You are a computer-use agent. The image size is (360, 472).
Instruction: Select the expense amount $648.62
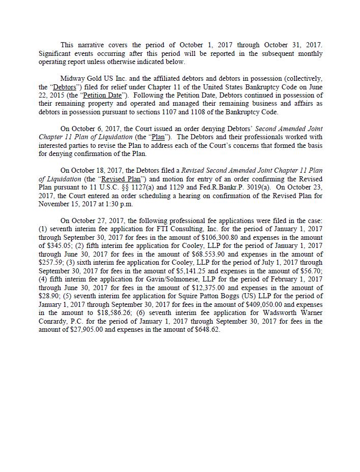pyautogui.click(x=207, y=330)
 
